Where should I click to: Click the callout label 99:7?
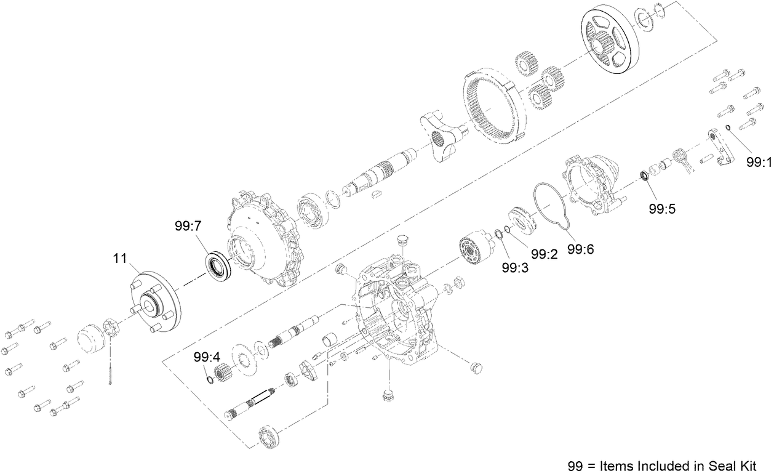coord(188,227)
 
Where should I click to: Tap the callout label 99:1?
coord(758,163)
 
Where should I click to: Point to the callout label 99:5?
coord(662,208)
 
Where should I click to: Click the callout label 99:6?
coord(580,249)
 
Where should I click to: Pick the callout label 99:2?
coord(545,254)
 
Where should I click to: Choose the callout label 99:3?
coord(514,268)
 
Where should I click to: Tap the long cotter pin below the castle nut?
coord(110,367)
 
